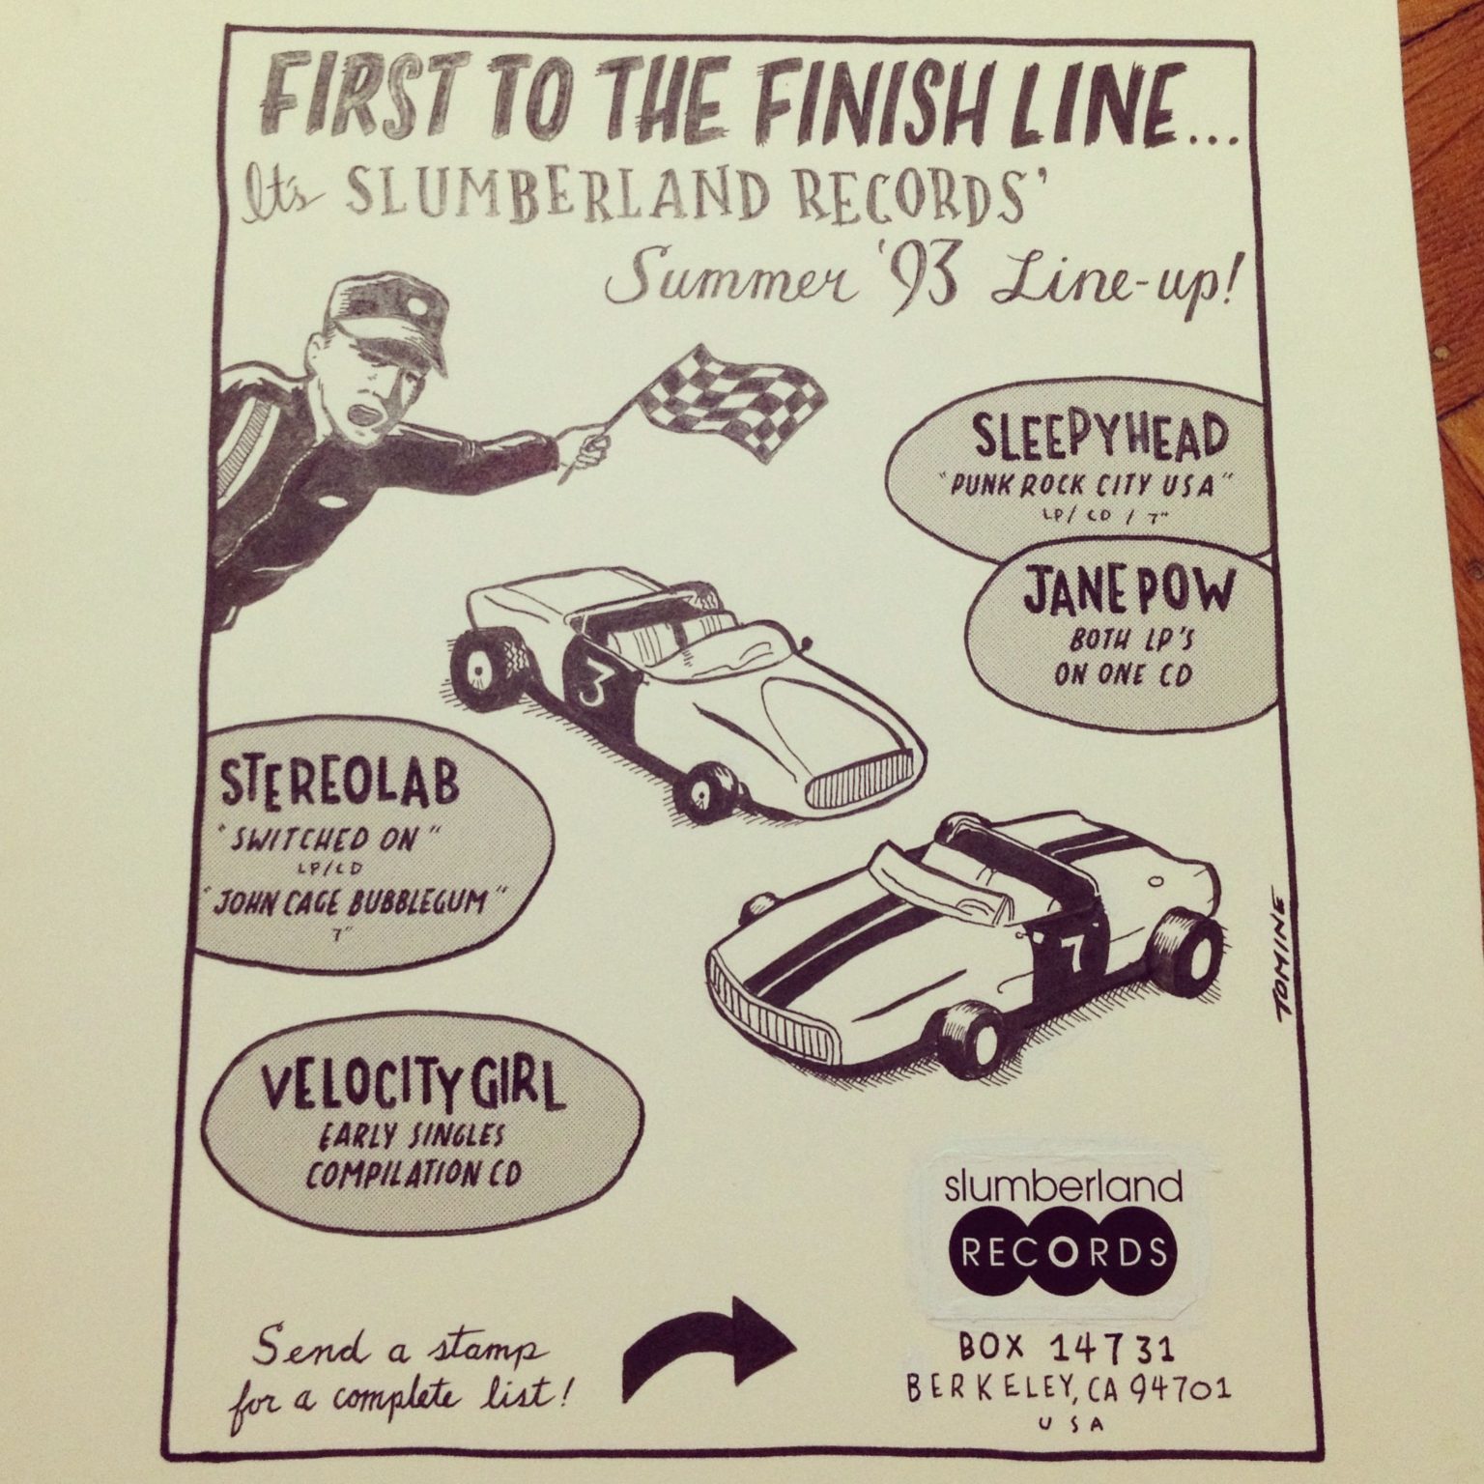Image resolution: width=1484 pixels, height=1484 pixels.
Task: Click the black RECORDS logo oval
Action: pos(1062,1253)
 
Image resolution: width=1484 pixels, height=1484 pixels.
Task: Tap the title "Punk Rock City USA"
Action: pos(1079,485)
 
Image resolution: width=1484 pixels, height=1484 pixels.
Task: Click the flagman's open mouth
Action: pos(373,416)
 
